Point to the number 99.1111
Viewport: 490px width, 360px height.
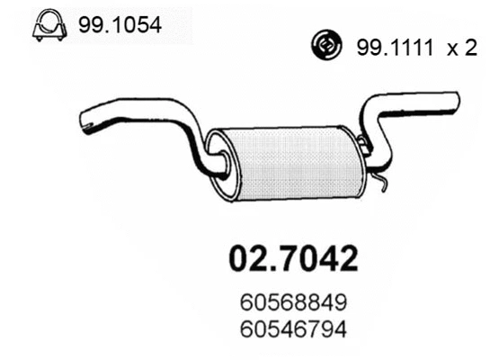point(390,49)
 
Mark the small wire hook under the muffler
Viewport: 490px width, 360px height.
point(383,184)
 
